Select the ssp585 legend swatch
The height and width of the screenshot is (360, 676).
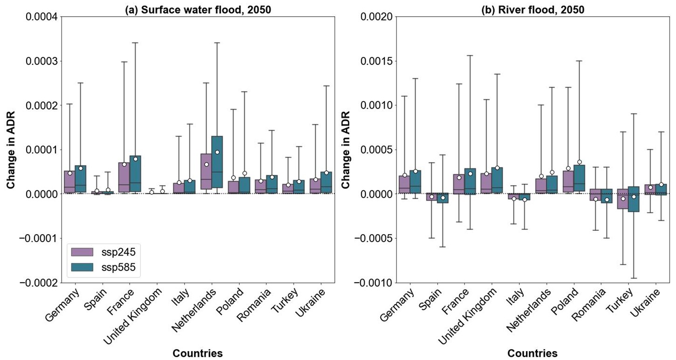[x=83, y=267]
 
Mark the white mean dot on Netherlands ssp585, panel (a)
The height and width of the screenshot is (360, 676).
[x=217, y=152]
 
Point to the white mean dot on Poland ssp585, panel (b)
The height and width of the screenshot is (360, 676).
[x=579, y=162]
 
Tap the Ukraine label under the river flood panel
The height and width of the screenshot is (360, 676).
[x=646, y=303]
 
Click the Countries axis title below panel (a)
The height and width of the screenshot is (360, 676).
[x=197, y=353]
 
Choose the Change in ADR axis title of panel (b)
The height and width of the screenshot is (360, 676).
[x=345, y=149]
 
